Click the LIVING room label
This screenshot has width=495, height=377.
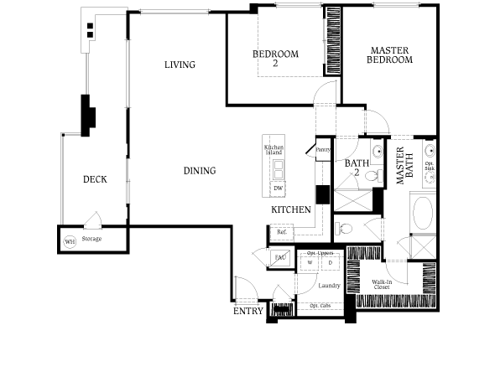click(180, 65)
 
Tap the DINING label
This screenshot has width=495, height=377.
click(200, 171)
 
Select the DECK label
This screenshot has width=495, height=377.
click(94, 179)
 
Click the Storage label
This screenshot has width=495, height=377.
click(92, 240)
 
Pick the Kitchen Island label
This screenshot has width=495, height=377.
click(274, 151)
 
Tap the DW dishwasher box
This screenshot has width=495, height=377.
click(278, 188)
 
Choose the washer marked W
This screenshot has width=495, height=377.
click(310, 263)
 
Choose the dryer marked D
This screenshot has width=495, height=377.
click(329, 263)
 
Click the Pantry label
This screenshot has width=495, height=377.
click(323, 149)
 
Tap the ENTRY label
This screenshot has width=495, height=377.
click(247, 312)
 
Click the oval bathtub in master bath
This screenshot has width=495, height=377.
click(421, 213)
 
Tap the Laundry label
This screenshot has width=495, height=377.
click(328, 286)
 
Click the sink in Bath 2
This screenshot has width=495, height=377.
click(378, 154)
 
